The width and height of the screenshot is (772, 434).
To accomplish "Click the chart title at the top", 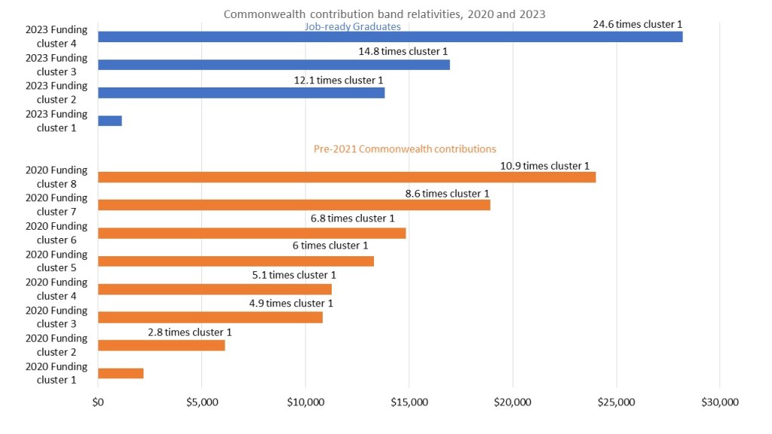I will coord(384,14).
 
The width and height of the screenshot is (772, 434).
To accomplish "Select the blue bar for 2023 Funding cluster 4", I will coord(390,37).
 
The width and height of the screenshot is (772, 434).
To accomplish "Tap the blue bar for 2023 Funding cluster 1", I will coord(110,121).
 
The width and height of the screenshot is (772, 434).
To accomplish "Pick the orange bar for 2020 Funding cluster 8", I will coord(347,177).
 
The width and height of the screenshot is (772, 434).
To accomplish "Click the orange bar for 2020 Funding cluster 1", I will coord(121,373).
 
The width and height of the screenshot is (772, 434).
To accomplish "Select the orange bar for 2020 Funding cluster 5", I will coord(236,261).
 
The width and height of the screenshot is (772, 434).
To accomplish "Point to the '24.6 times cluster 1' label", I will coord(638,24).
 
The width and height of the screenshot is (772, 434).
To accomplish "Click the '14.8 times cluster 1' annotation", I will coord(404,52).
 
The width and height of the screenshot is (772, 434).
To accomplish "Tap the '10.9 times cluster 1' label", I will coord(544,166).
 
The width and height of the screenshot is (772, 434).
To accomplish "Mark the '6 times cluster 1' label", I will coord(330,246).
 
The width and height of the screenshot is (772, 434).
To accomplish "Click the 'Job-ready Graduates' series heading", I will coord(352,27).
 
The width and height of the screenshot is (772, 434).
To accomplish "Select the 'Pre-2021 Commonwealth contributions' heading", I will coord(405,149).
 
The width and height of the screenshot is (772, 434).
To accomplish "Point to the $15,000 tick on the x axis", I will coord(409,402).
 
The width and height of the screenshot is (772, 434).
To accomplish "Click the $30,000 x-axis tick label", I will coord(719,402).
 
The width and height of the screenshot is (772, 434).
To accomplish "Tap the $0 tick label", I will coord(98,402).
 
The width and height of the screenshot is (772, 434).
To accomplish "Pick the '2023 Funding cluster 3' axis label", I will coord(57,65).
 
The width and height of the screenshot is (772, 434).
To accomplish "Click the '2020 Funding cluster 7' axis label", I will coord(57,205).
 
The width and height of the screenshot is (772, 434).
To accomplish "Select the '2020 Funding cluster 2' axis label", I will coord(57,345).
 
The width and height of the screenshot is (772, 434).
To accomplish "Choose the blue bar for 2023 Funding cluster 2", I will coord(241,93).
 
